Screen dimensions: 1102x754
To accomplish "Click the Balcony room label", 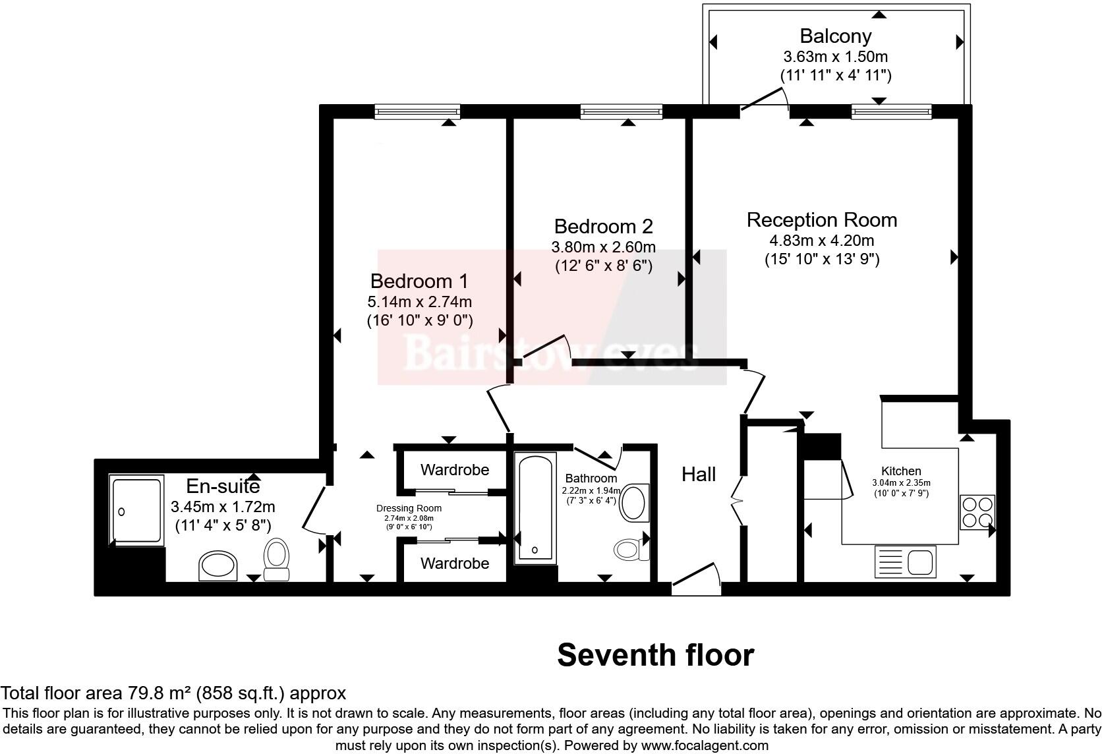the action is pyautogui.click(x=835, y=36).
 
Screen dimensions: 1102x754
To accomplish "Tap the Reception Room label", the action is pyautogui.click(x=822, y=220).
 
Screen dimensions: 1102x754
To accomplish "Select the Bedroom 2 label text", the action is pyautogui.click(x=603, y=226).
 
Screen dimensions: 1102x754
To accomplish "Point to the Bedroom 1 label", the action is pyautogui.click(x=419, y=281).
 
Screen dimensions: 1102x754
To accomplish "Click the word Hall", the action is pyautogui.click(x=699, y=474).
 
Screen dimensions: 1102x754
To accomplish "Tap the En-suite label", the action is pyautogui.click(x=223, y=486).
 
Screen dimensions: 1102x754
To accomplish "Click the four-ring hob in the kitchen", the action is pyautogui.click(x=977, y=512).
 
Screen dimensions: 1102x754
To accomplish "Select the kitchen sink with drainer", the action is pyautogui.click(x=905, y=562).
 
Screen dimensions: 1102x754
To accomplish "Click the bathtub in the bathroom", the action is pyautogui.click(x=535, y=508).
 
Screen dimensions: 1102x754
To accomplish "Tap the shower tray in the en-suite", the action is pyautogui.click(x=136, y=510).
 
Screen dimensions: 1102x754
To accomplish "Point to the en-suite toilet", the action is pyautogui.click(x=276, y=559).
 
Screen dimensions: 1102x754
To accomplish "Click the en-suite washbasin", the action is pyautogui.click(x=218, y=565).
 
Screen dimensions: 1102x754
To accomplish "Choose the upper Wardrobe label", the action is pyautogui.click(x=455, y=470).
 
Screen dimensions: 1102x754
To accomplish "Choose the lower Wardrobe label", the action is pyautogui.click(x=455, y=563).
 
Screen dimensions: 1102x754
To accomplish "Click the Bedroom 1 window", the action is pyautogui.click(x=417, y=111).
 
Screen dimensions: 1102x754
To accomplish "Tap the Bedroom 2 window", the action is pyautogui.click(x=622, y=111).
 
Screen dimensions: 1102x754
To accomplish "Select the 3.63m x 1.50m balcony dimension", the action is pyautogui.click(x=835, y=57).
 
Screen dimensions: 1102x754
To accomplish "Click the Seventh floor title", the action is pyautogui.click(x=656, y=655).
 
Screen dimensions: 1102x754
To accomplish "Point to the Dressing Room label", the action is pyautogui.click(x=409, y=508).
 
